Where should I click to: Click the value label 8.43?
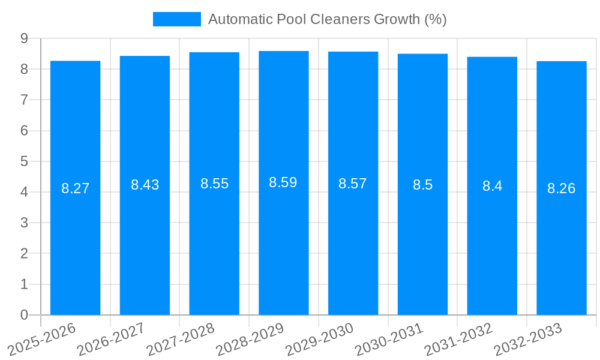tap(145, 185)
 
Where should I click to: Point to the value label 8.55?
tap(215, 184)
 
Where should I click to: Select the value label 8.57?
tap(353, 184)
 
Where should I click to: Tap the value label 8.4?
tap(492, 186)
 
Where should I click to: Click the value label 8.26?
tap(562, 188)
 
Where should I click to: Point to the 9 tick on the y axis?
tap(24, 38)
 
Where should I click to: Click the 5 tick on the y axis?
tap(24, 161)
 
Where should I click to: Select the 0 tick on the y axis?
tap(24, 315)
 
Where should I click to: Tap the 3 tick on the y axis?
tap(24, 223)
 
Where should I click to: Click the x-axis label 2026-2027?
tap(112, 339)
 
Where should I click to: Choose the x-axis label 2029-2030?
tap(320, 339)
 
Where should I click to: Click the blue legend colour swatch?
tap(177, 19)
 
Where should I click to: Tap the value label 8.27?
tap(76, 188)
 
